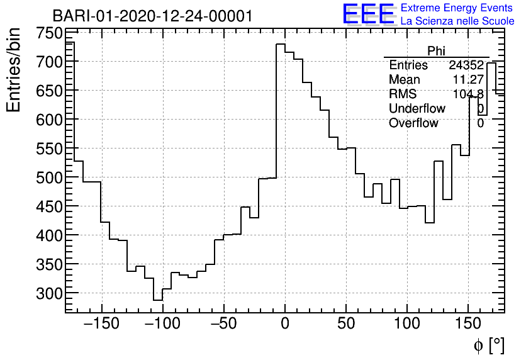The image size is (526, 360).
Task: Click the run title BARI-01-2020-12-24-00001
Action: coord(152,16)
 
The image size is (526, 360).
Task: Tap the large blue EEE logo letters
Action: coord(368,14)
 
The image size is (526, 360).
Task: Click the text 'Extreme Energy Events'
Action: coord(457,8)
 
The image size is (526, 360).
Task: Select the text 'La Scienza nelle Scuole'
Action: coord(457,21)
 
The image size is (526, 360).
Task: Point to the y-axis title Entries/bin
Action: coord(14,70)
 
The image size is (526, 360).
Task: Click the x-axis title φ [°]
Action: coord(488,345)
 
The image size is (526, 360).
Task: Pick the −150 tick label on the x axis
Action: coord(101,324)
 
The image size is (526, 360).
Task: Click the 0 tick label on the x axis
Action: coord(285,324)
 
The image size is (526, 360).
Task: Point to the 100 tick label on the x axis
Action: coord(407,324)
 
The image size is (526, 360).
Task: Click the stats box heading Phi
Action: coord(436,51)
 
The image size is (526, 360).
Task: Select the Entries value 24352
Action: coord(466,65)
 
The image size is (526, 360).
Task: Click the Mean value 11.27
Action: coord(467,80)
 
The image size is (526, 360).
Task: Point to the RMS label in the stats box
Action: coord(403,94)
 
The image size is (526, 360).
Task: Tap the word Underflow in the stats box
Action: coord(417,109)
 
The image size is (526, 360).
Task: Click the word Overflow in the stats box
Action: coord(413,123)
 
